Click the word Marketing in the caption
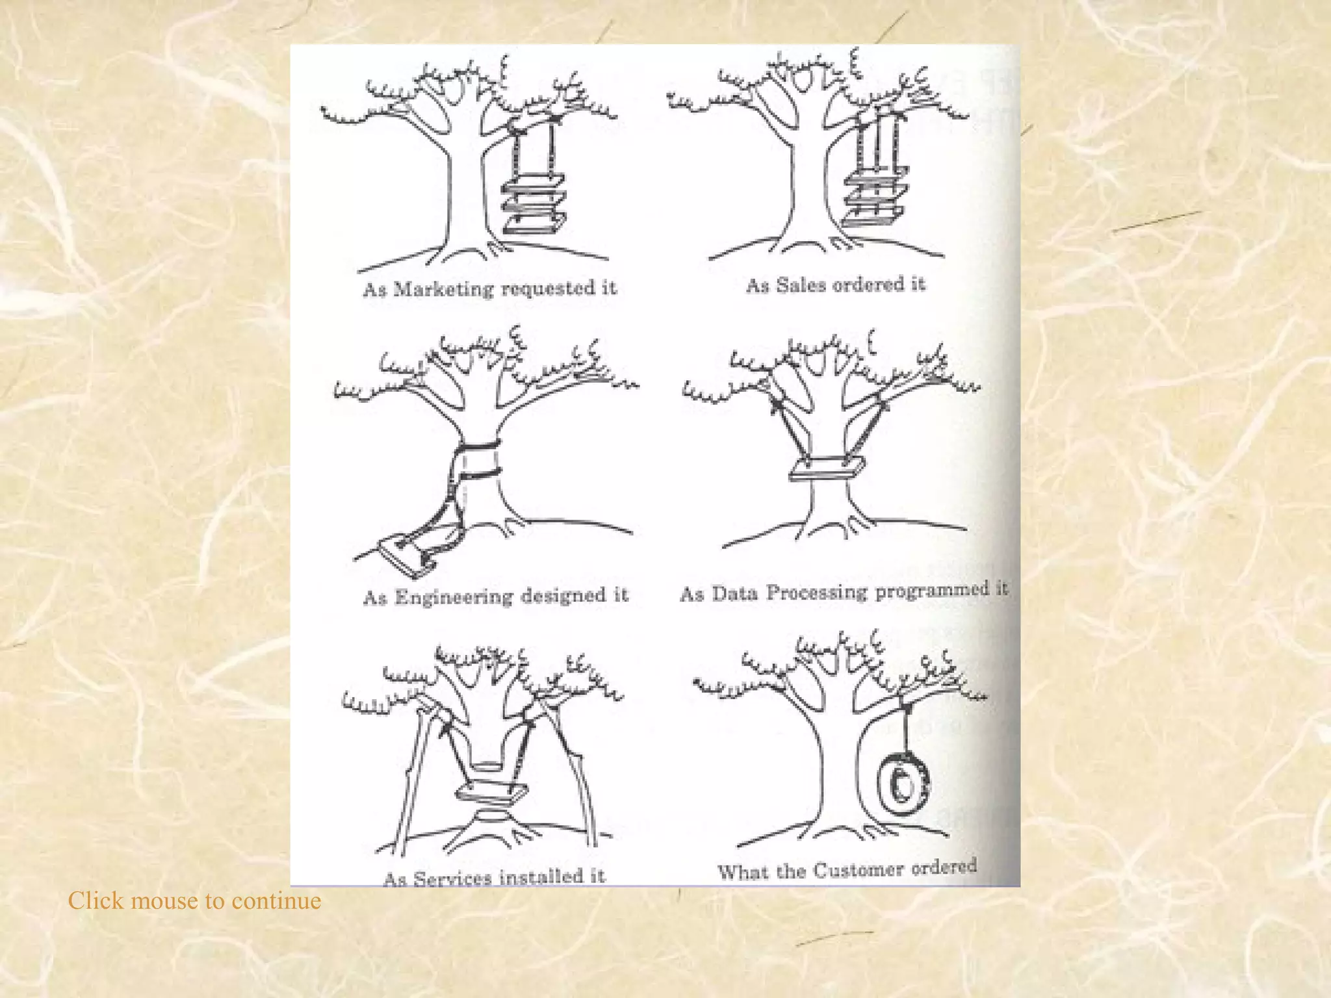443,289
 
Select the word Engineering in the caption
454,597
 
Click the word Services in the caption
452,878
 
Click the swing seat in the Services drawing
491,792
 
